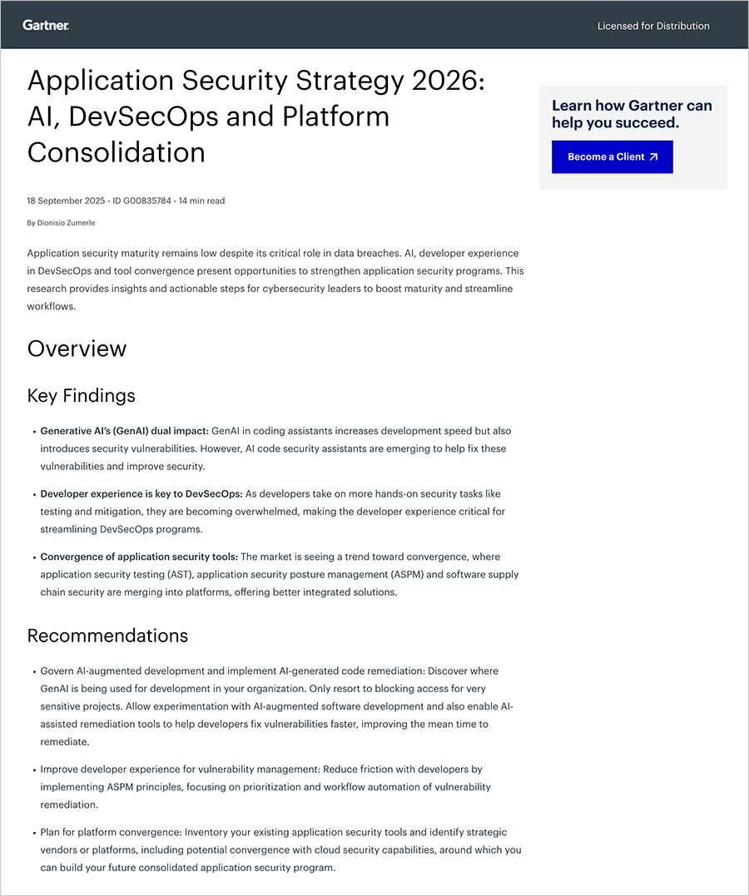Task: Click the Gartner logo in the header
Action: tap(46, 26)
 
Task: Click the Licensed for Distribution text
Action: tap(653, 26)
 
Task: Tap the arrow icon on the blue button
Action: tap(653, 156)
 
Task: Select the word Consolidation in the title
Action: tap(116, 151)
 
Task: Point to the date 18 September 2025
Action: tap(66, 200)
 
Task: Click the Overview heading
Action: tap(77, 348)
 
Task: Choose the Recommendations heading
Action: tap(107, 636)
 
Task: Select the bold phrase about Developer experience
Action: tap(141, 493)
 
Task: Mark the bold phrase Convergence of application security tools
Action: tap(139, 557)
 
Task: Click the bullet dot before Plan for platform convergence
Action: tap(33, 833)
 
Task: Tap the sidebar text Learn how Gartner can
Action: tap(632, 105)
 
